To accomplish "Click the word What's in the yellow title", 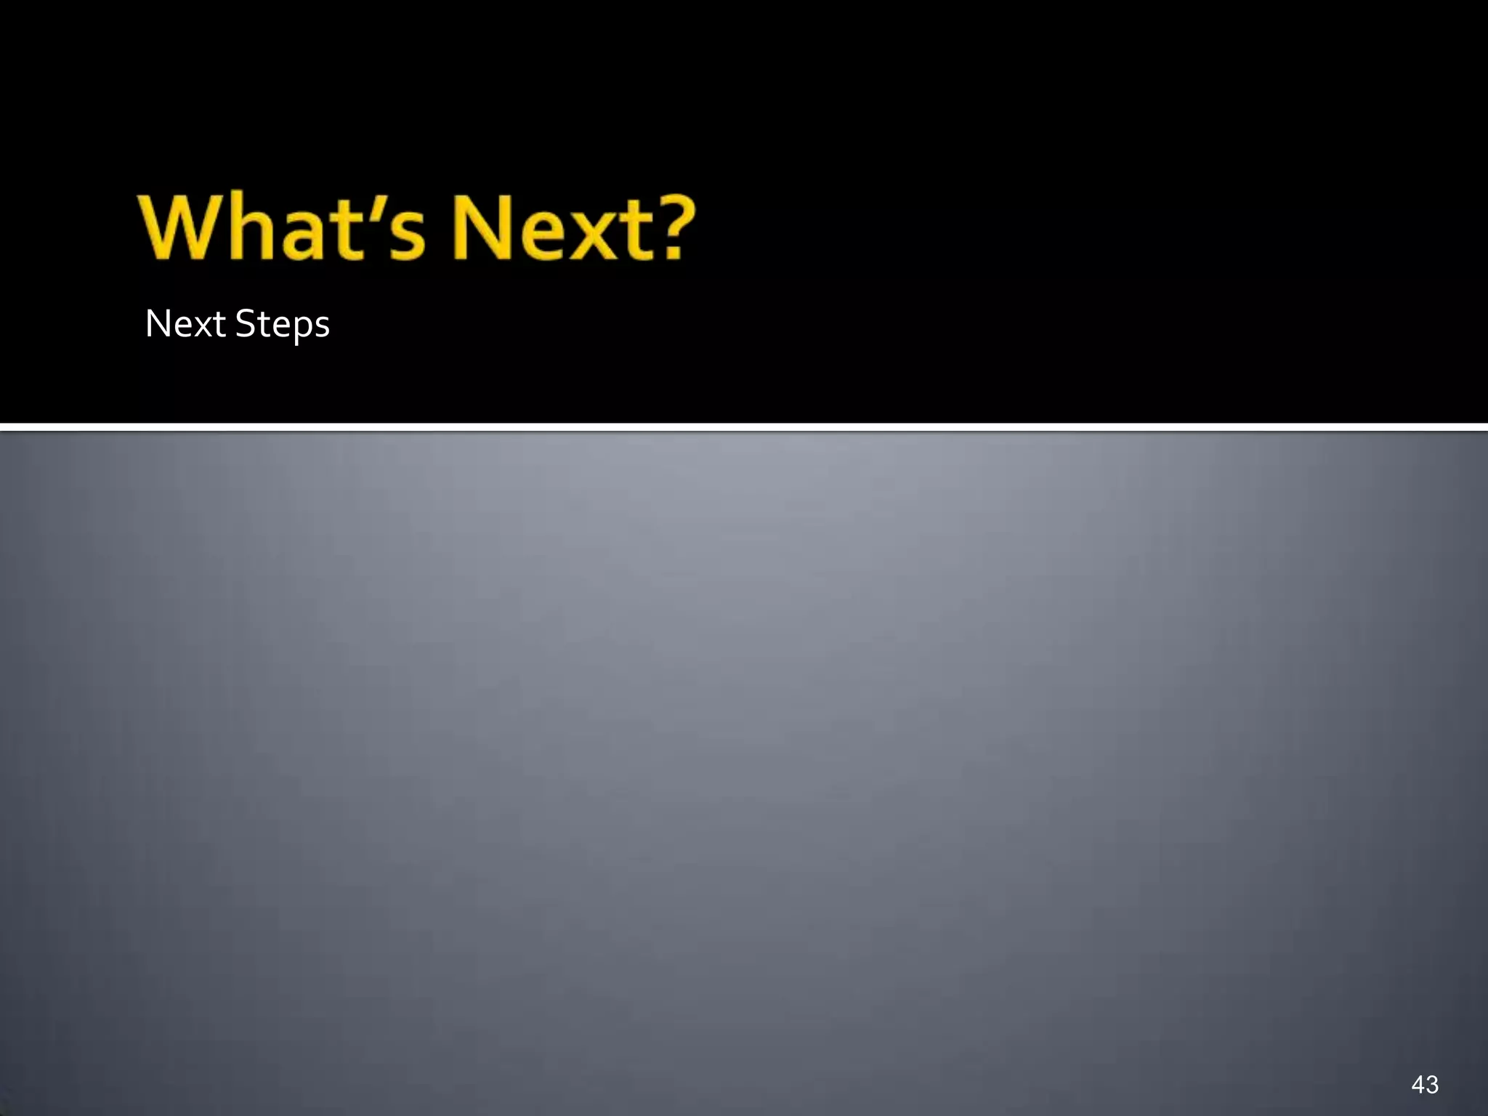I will (x=283, y=228).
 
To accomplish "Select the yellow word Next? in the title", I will (x=574, y=228).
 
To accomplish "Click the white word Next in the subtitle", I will (x=185, y=324).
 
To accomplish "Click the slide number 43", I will (x=1425, y=1085).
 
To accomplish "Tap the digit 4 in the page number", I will (x=1418, y=1085).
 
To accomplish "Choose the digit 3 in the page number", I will (x=1432, y=1085).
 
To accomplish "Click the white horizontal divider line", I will (x=744, y=426).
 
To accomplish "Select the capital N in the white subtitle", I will (x=158, y=324).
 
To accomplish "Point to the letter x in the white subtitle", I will (x=201, y=327).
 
